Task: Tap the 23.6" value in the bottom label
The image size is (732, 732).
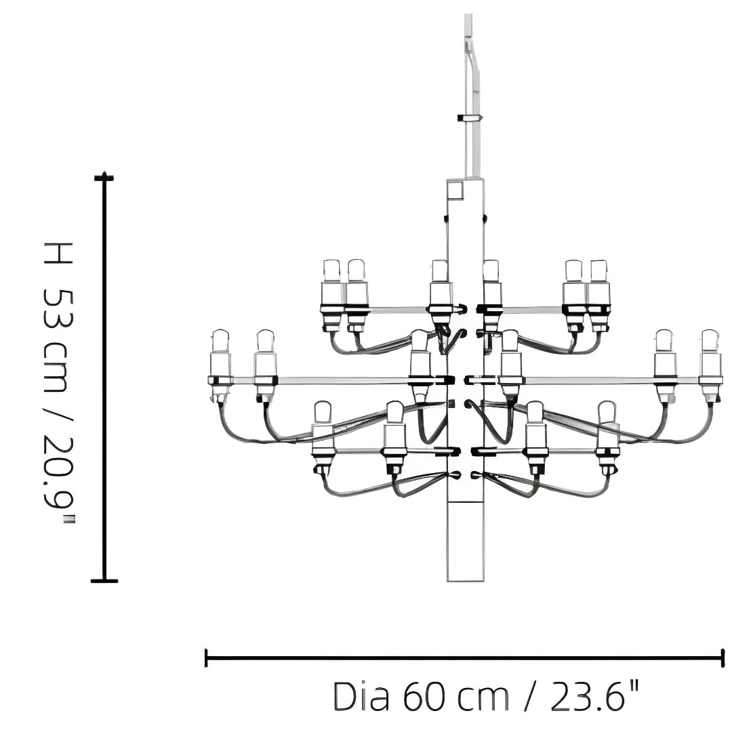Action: click(x=594, y=696)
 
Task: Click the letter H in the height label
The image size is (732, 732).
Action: click(x=57, y=253)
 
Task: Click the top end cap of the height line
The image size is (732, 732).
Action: click(x=104, y=178)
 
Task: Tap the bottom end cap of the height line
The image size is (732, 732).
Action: click(x=104, y=580)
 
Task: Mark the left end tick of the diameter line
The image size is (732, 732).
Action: click(x=206, y=657)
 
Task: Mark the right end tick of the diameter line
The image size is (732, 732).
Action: click(x=723, y=657)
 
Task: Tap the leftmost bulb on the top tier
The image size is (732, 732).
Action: click(x=331, y=270)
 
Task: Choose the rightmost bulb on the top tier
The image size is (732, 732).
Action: click(x=598, y=270)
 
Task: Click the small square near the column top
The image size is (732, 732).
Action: click(x=454, y=190)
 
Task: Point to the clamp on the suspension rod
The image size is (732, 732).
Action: click(x=470, y=118)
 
